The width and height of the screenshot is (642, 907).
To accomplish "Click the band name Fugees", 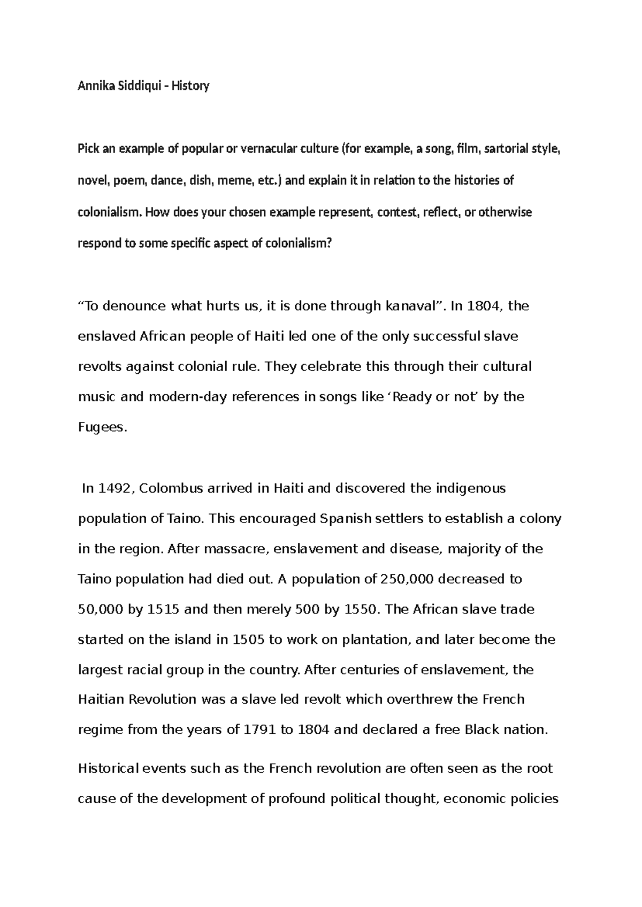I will [x=102, y=427].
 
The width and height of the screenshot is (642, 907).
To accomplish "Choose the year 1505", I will [x=249, y=640].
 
